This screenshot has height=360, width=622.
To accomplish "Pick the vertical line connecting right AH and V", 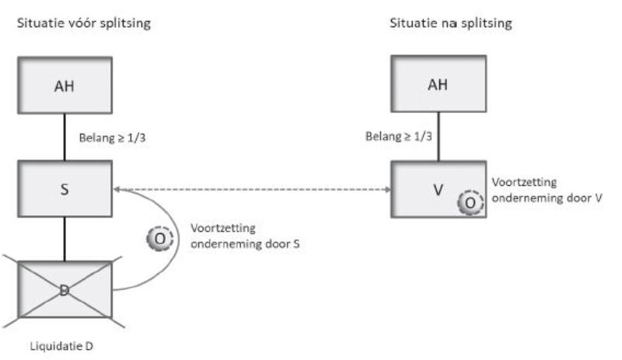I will (438, 138).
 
